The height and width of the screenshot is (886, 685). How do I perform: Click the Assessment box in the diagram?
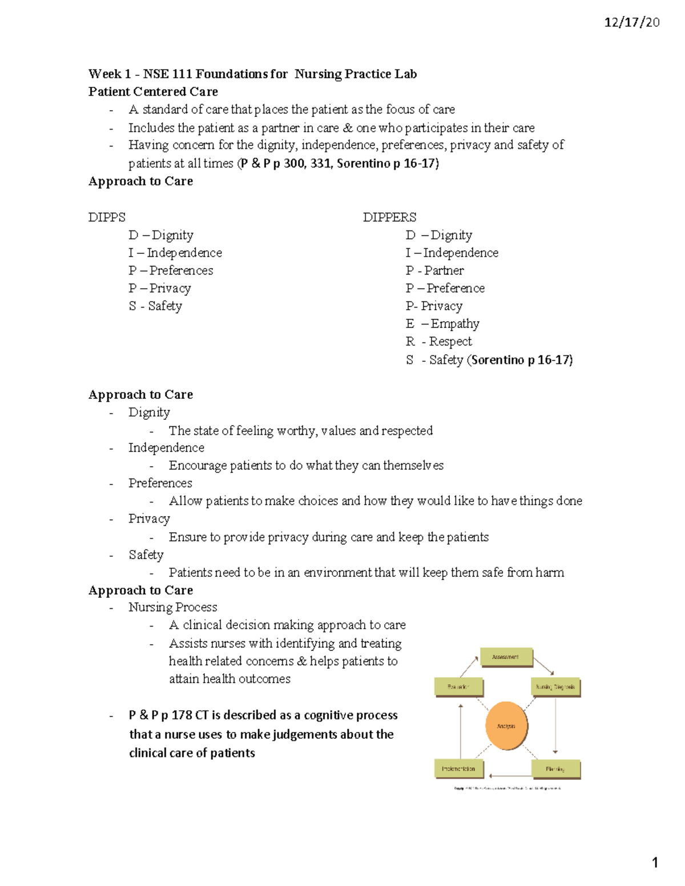point(506,657)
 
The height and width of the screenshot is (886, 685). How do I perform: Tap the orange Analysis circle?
point(506,726)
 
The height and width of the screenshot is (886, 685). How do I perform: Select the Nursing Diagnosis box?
point(555,687)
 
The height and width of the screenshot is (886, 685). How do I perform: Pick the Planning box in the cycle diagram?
point(555,769)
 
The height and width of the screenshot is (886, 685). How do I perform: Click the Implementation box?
point(458,768)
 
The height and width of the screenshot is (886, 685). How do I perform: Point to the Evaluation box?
point(458,687)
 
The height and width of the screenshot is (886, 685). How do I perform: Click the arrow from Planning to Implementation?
point(507,775)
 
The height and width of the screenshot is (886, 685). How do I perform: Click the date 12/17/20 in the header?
point(632,23)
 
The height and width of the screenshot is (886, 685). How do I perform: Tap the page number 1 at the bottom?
point(655,863)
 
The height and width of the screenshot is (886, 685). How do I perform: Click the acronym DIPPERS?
point(389,217)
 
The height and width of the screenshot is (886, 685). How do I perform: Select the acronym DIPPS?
point(107,217)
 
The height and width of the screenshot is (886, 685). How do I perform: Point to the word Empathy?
point(455,324)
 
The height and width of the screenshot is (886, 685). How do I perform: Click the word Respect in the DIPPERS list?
point(450,342)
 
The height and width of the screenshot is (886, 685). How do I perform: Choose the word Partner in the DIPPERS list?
point(444,270)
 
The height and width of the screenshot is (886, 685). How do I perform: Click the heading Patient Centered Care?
point(153,92)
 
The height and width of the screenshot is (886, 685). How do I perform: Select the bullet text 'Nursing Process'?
point(172,608)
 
